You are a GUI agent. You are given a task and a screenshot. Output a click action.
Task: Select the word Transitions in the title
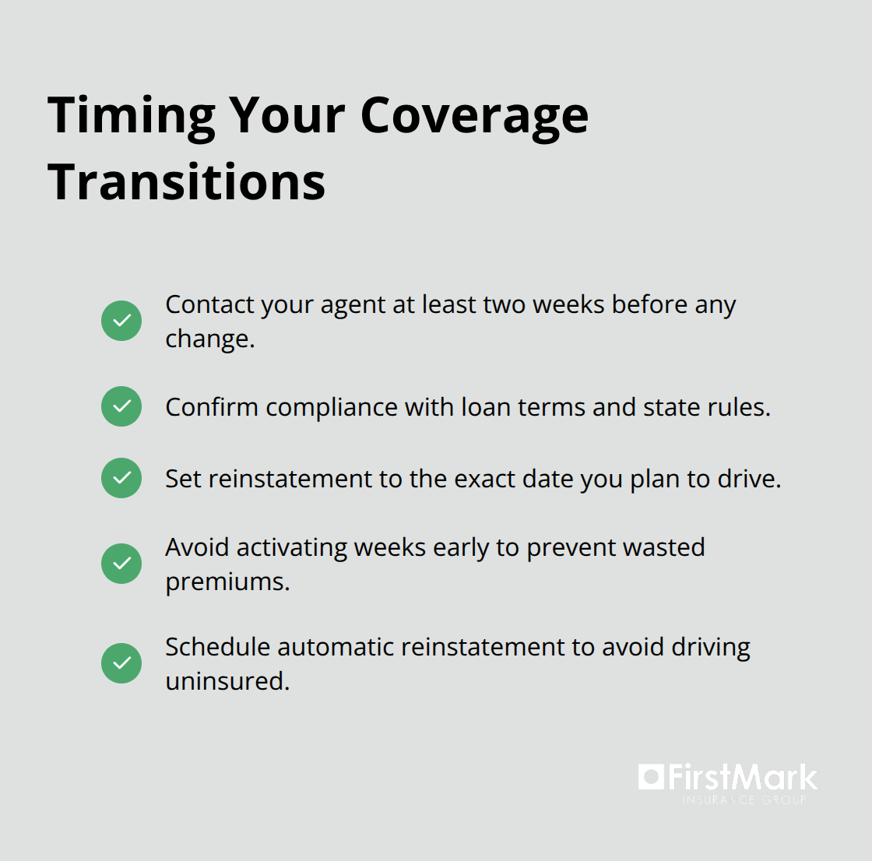tap(187, 182)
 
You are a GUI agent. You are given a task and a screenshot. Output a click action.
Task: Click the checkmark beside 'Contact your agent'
tap(121, 321)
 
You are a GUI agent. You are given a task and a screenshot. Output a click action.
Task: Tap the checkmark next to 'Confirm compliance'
tap(121, 406)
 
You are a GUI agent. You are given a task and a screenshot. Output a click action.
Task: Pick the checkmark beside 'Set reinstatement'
tap(121, 478)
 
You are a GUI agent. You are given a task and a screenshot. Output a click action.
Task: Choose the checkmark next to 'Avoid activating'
tap(121, 564)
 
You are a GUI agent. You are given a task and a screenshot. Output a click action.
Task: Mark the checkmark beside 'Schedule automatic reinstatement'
tap(121, 663)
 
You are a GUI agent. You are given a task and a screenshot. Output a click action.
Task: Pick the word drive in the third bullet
tap(748, 479)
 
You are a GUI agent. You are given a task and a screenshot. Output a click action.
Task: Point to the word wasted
tap(663, 547)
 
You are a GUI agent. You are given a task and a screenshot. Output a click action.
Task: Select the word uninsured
tap(227, 681)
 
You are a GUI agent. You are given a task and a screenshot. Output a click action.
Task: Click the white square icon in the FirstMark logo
tap(651, 777)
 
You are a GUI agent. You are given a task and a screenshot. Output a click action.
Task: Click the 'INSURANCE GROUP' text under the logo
tap(744, 800)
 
